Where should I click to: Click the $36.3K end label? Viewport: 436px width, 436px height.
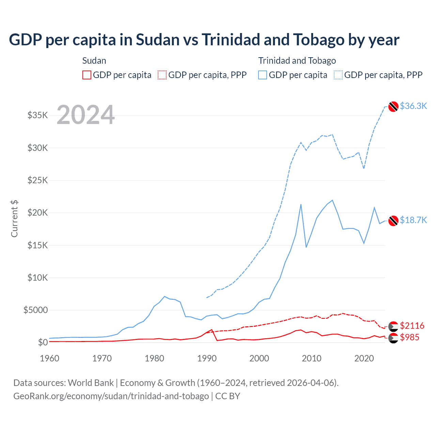(413, 106)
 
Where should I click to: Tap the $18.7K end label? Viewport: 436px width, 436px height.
(413, 220)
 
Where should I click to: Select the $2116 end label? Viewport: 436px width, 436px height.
(412, 326)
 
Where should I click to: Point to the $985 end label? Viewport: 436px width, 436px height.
(409, 337)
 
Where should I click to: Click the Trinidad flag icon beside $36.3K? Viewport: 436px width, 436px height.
(393, 107)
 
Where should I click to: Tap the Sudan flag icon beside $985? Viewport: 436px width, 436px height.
(393, 338)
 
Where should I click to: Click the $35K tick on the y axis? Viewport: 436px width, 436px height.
(38, 115)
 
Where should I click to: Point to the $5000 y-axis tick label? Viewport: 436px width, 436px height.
(35, 310)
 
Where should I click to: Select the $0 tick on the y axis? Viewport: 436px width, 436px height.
(43, 342)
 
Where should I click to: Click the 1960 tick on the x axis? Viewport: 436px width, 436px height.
(50, 358)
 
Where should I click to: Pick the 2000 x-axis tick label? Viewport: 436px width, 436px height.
(259, 358)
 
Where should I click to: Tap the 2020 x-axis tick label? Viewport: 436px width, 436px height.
(364, 358)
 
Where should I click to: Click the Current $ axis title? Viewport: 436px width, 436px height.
(14, 219)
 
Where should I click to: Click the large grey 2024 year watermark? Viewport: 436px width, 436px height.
(85, 115)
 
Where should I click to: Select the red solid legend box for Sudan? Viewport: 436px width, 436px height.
(87, 75)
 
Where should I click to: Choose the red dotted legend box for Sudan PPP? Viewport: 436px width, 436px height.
(162, 75)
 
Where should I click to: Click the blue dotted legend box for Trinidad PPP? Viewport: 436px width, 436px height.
(338, 75)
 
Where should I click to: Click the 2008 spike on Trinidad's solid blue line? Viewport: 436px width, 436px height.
(301, 205)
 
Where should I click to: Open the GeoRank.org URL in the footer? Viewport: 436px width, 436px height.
(111, 396)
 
